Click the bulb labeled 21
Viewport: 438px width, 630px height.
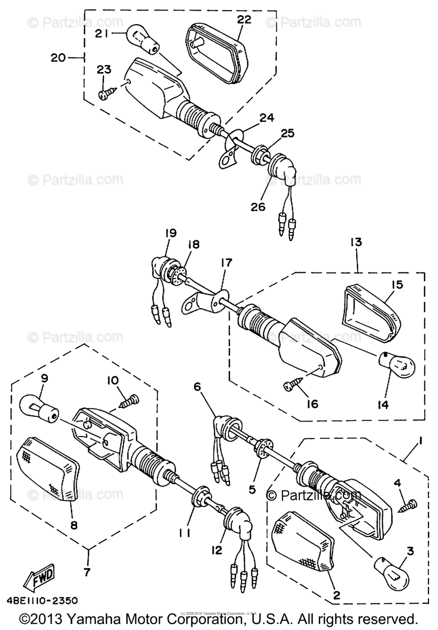142,40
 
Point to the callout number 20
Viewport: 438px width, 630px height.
59,58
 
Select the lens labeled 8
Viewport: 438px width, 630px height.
47,468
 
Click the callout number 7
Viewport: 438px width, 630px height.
88,570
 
